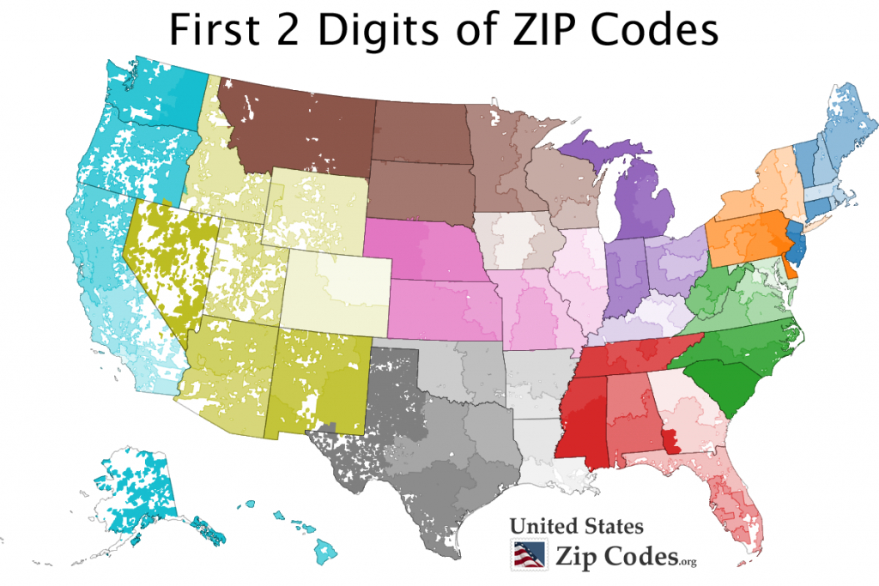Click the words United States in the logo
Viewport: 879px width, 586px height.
coord(576,526)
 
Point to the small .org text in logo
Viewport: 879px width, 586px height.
coord(687,562)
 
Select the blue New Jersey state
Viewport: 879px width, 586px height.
coord(796,245)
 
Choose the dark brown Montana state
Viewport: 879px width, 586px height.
coord(292,129)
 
